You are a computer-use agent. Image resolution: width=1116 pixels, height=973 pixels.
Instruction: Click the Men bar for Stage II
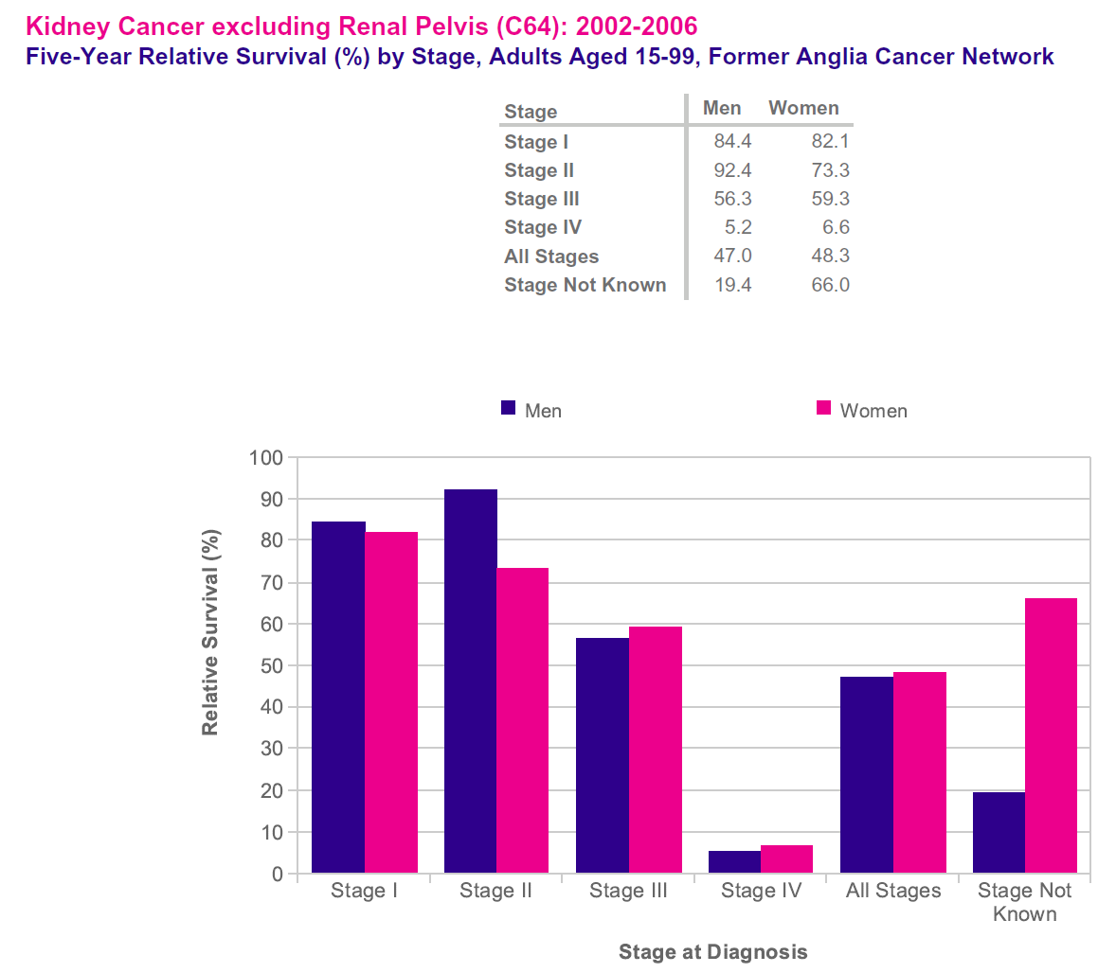(470, 681)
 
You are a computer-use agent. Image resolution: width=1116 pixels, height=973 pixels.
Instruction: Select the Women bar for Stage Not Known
(1051, 735)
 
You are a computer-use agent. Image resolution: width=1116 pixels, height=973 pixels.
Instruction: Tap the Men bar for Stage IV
(734, 862)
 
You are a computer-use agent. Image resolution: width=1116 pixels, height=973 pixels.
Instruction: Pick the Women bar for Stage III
(655, 750)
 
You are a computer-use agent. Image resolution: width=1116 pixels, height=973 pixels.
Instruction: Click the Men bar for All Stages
(866, 774)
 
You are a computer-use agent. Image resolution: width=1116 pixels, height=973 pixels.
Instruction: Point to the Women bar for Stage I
(391, 702)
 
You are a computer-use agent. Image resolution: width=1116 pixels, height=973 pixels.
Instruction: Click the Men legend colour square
(509, 408)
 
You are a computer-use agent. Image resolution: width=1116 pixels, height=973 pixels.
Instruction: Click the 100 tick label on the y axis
(266, 458)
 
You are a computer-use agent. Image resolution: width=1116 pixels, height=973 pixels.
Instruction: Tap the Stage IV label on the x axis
(761, 891)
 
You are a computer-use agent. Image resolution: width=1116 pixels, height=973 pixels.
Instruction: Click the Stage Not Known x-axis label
(1024, 902)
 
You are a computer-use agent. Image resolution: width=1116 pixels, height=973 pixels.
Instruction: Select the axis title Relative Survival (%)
(210, 632)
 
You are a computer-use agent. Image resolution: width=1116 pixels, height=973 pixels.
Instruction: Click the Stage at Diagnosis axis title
(712, 952)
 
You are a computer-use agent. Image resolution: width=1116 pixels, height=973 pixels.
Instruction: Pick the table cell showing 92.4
(732, 170)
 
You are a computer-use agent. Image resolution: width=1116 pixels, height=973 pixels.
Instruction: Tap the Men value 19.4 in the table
(732, 285)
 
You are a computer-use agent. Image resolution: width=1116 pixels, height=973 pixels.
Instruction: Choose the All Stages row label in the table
(551, 257)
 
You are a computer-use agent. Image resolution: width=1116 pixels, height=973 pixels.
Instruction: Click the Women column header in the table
(803, 108)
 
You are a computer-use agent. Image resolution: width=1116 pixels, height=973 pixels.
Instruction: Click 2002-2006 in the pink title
(637, 26)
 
